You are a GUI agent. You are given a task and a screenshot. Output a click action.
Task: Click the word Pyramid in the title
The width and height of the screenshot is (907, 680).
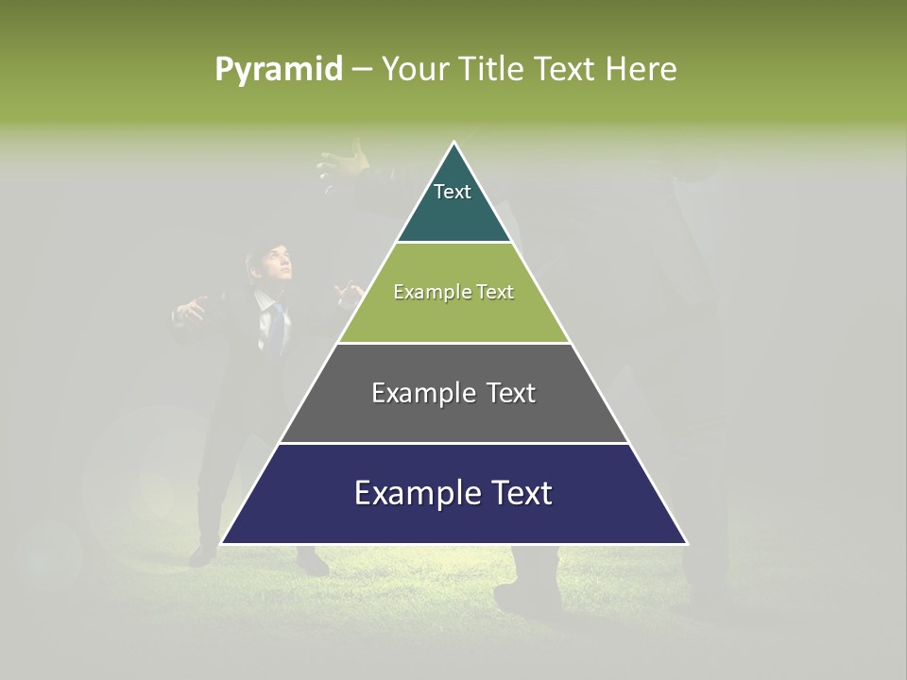tap(278, 70)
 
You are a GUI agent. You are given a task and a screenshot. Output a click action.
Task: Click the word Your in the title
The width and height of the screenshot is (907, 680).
tap(415, 70)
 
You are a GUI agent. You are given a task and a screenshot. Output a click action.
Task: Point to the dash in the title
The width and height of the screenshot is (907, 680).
tap(361, 70)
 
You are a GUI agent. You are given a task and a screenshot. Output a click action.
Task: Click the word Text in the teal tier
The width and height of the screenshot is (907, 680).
tap(453, 192)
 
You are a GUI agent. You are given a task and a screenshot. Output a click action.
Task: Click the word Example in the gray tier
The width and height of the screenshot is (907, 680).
tap(421, 393)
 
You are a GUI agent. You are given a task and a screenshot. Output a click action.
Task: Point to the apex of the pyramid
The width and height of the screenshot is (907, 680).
tap(454, 143)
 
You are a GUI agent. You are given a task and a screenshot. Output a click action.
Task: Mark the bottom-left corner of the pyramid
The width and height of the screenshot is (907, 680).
tap(221, 544)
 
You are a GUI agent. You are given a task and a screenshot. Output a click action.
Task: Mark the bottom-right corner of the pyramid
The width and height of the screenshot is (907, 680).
tap(687, 544)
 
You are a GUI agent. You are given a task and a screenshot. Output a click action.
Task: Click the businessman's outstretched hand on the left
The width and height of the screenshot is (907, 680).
tap(192, 308)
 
